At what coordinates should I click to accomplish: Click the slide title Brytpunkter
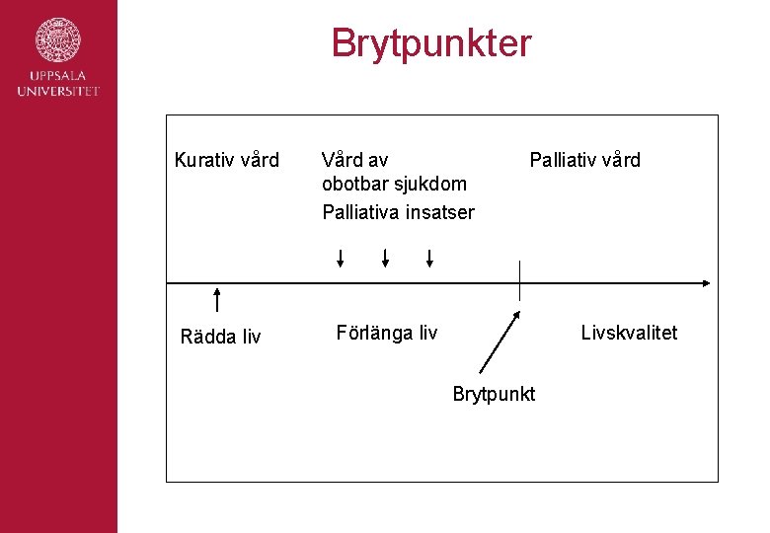(431, 43)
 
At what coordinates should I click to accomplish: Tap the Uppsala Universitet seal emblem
(58, 40)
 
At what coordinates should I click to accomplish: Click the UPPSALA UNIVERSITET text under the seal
(58, 84)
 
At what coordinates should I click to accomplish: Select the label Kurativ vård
(227, 160)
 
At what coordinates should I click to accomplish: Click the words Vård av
(355, 160)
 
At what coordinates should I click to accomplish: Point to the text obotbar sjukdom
(394, 185)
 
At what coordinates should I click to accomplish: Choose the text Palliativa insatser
(398, 212)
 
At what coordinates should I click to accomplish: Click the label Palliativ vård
(584, 160)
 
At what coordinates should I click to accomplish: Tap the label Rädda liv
(221, 337)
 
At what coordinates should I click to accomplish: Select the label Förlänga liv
(386, 333)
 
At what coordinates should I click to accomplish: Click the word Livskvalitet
(629, 333)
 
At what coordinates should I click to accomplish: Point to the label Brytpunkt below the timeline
(494, 394)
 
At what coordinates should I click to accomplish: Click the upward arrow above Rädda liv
(216, 299)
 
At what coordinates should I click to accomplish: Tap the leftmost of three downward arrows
(340, 259)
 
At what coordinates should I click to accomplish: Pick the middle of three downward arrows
(385, 259)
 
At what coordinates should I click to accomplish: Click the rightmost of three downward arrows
(429, 259)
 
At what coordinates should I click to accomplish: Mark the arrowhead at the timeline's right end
(705, 283)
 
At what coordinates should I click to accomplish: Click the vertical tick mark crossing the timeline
(519, 280)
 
